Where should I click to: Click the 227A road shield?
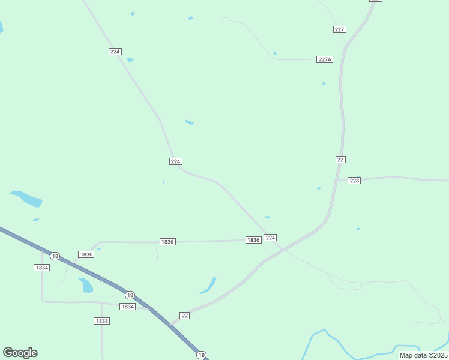click(x=325, y=59)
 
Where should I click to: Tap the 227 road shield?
click(x=340, y=29)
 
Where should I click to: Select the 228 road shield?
click(x=354, y=181)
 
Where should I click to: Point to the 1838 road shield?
click(x=102, y=321)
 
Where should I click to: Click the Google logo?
click(x=20, y=353)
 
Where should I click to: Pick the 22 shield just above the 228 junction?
click(x=340, y=159)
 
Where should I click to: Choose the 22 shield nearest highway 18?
click(x=184, y=315)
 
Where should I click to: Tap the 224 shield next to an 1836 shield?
click(x=270, y=238)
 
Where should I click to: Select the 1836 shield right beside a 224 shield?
click(x=253, y=240)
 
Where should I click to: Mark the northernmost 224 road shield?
click(x=115, y=52)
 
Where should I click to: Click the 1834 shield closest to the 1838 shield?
click(x=127, y=307)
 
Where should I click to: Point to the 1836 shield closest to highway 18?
click(x=86, y=254)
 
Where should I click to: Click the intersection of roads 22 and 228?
click(x=337, y=180)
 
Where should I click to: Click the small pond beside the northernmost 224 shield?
click(x=130, y=60)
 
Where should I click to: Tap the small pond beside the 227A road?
click(x=275, y=53)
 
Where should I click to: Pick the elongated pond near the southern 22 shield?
click(x=209, y=286)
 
